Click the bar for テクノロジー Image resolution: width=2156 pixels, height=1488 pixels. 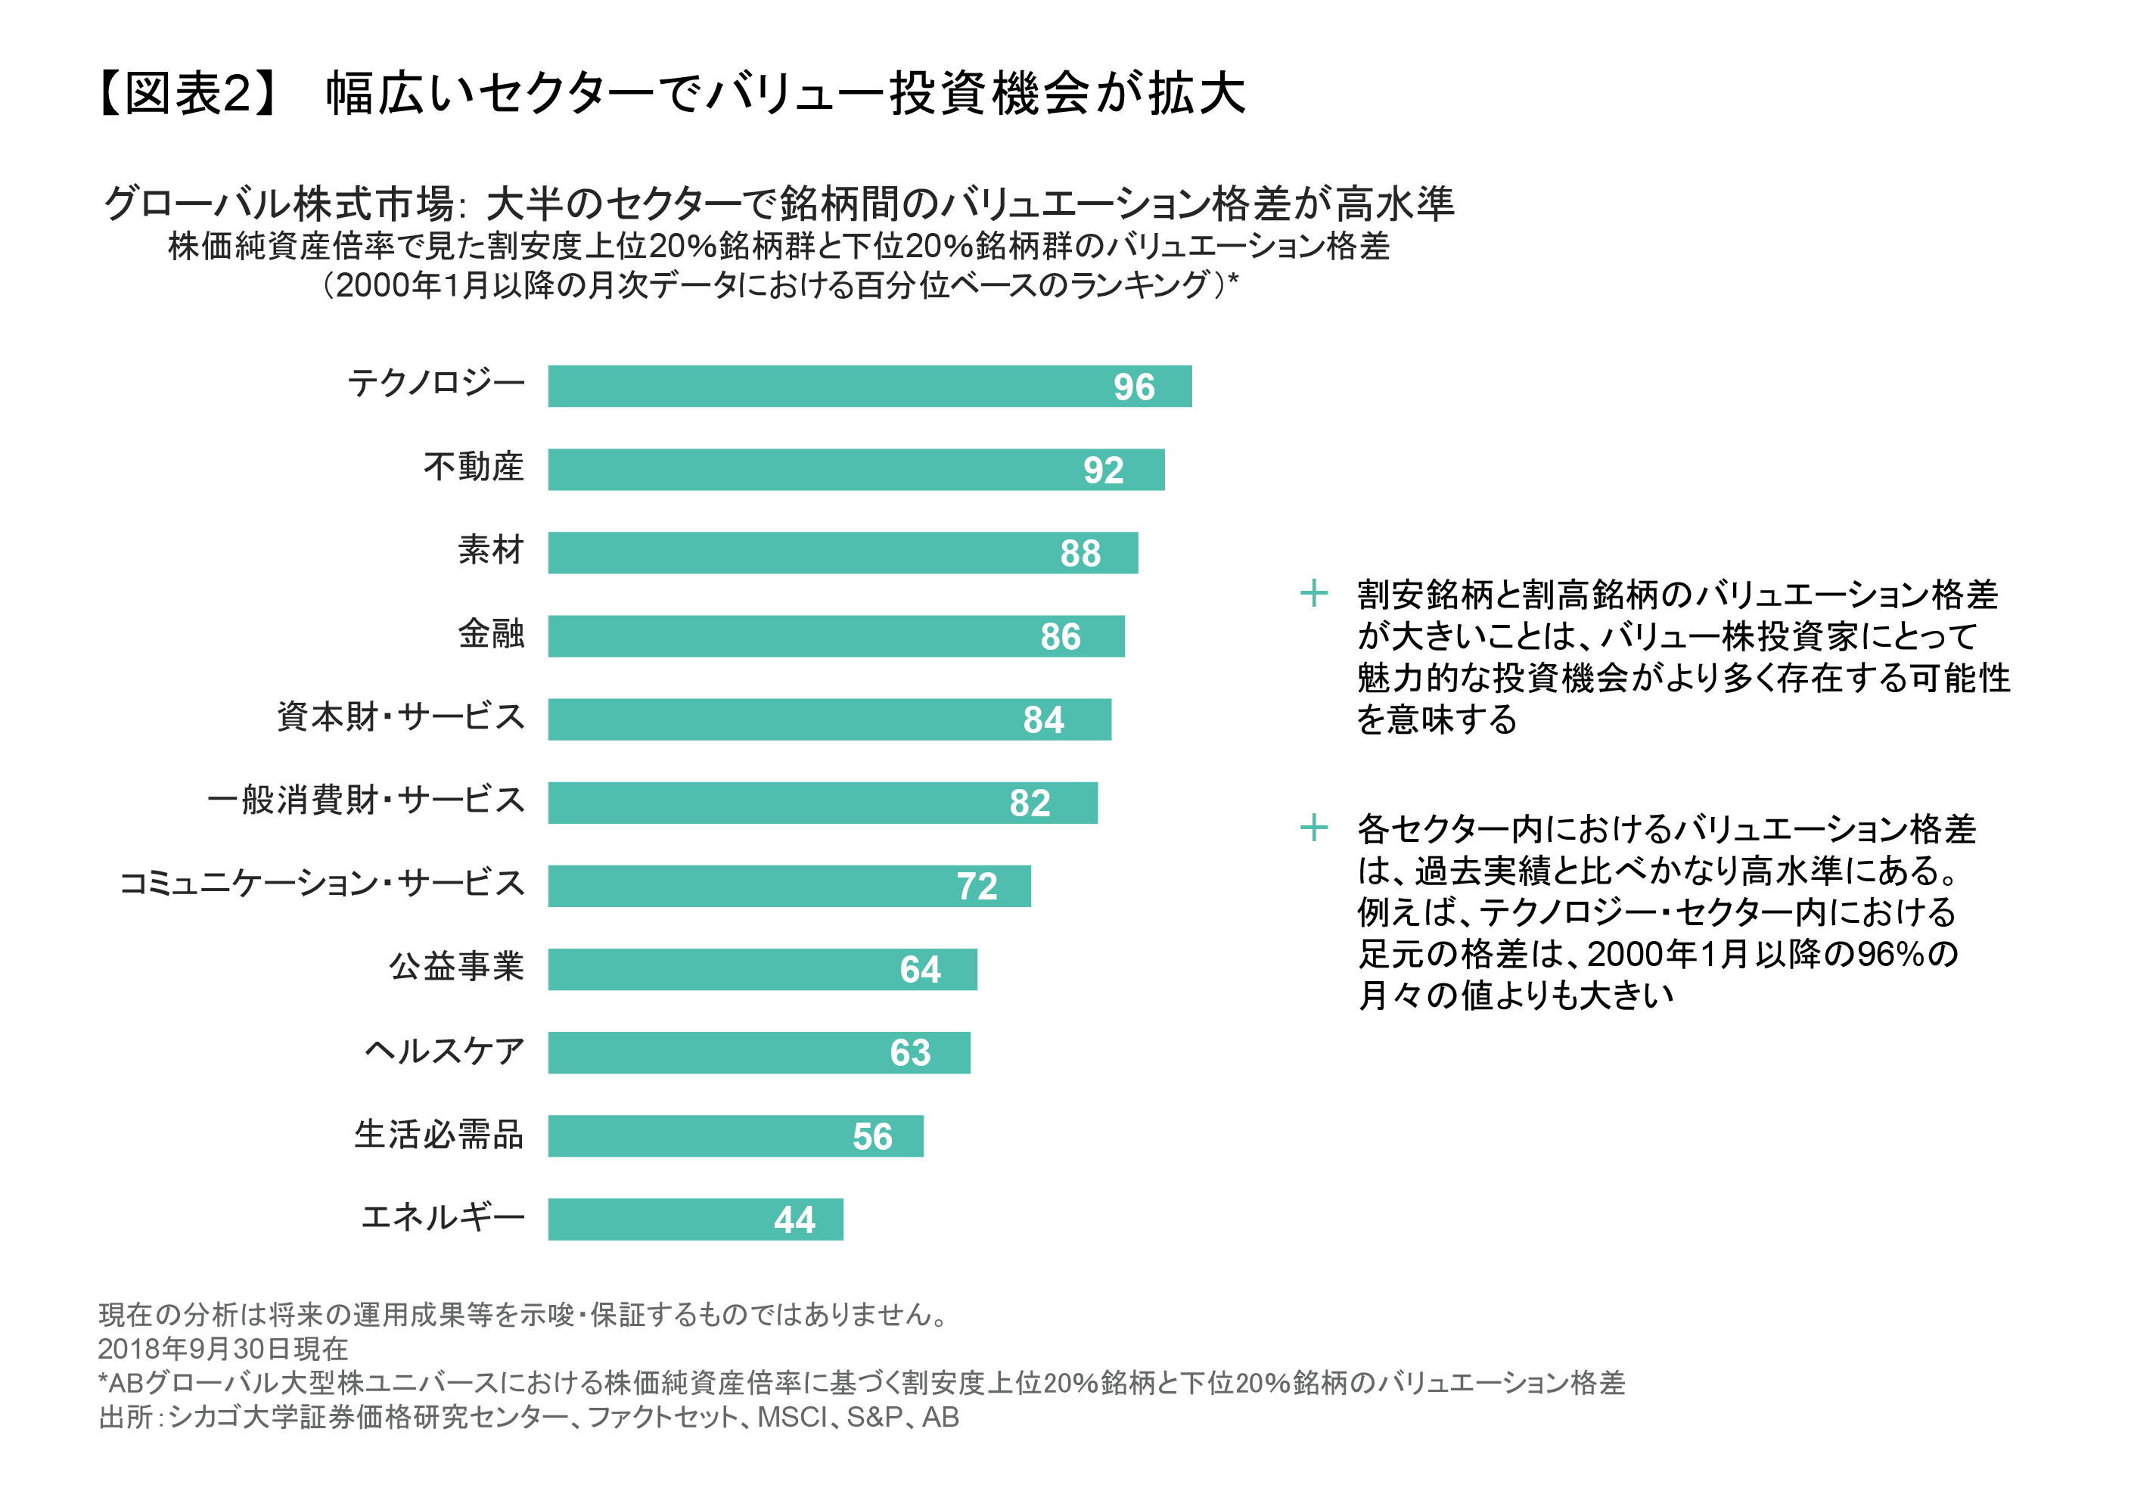tap(868, 386)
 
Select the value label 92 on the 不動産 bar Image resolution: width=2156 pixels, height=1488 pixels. tap(1103, 470)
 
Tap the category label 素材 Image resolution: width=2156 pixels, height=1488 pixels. tap(490, 550)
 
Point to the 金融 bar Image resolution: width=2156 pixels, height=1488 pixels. tap(835, 636)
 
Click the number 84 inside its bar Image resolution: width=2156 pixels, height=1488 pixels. tap(1042, 719)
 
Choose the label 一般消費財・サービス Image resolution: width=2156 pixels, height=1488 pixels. tap(365, 800)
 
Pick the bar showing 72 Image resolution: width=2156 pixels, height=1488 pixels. tap(788, 886)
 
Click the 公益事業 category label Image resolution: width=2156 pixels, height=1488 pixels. tap(456, 967)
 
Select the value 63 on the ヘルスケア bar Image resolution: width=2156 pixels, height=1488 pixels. tap(910, 1052)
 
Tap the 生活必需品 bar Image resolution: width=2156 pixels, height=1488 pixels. tap(735, 1135)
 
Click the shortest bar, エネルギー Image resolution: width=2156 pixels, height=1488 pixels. tap(694, 1219)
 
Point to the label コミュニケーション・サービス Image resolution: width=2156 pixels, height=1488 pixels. tap(322, 883)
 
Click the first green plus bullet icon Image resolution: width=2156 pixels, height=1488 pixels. tap(1313, 593)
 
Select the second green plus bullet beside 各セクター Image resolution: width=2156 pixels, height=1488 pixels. tap(1313, 827)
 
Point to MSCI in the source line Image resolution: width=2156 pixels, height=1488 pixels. tap(791, 1417)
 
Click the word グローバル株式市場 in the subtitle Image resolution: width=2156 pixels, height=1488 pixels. tap(278, 203)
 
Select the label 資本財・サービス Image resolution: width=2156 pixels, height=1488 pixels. tap(401, 717)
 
